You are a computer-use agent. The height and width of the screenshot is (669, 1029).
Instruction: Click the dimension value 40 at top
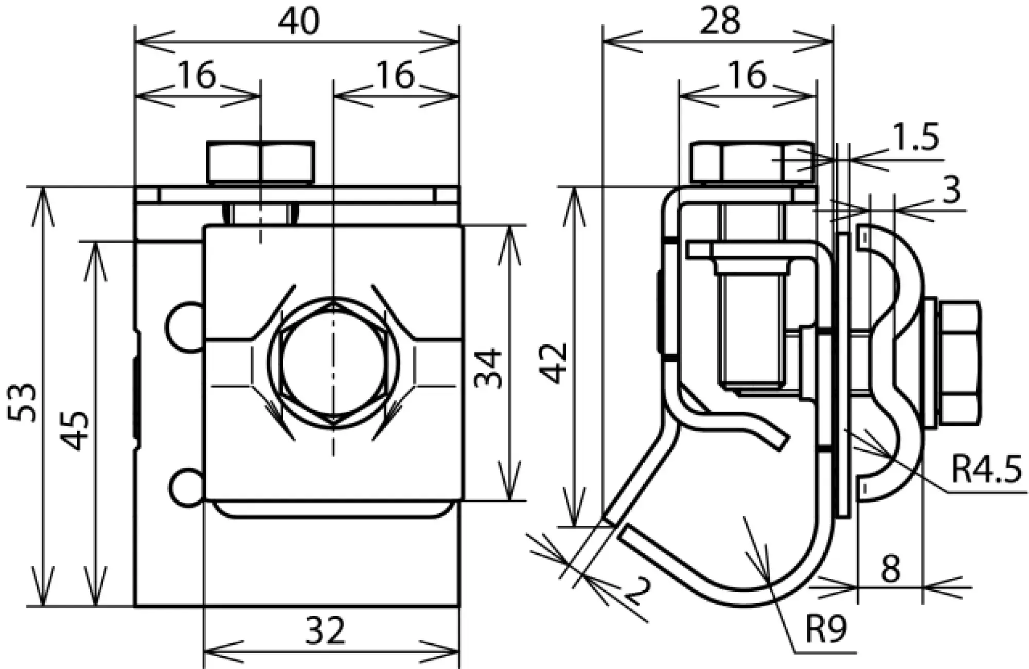coord(298,22)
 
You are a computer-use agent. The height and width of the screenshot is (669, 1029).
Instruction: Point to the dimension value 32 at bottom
coord(325,631)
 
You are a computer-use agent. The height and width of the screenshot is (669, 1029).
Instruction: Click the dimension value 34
coord(487,368)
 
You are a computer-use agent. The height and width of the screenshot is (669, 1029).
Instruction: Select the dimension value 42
coord(554,363)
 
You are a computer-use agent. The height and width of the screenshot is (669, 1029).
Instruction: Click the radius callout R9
coord(825,629)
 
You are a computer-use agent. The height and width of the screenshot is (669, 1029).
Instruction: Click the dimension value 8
coord(890,569)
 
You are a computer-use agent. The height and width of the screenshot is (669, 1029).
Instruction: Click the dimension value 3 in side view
coord(951,190)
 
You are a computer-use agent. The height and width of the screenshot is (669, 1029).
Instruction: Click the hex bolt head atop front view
coord(260,162)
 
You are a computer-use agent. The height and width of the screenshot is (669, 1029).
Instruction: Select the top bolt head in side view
coord(752,162)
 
